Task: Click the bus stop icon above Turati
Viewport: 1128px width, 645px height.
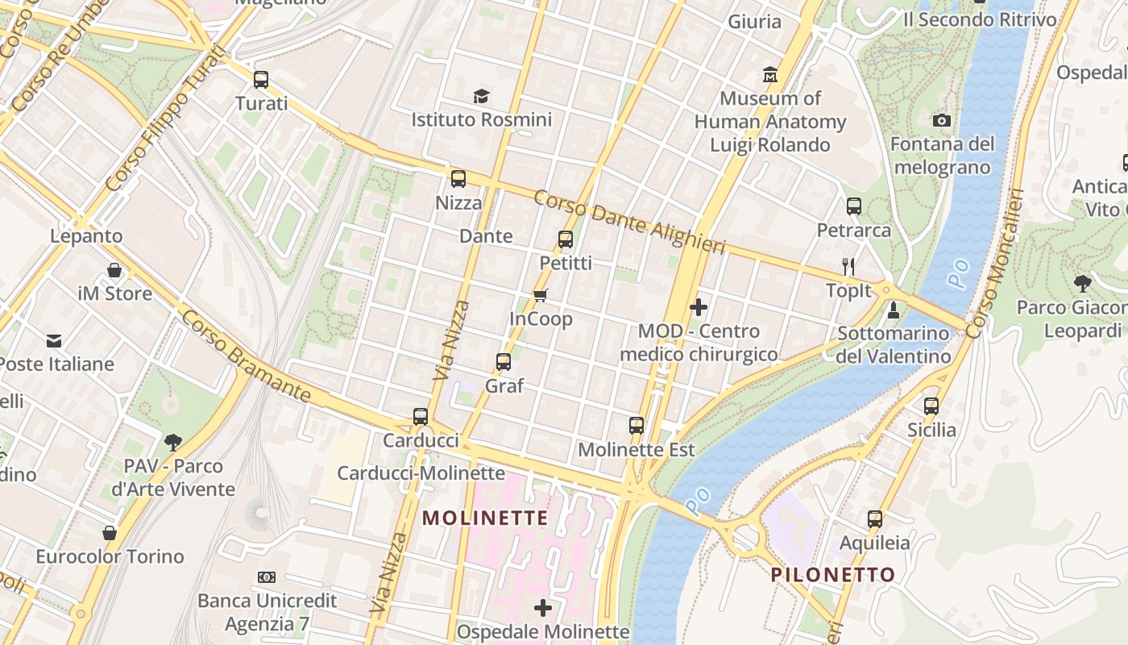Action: pyautogui.click(x=260, y=80)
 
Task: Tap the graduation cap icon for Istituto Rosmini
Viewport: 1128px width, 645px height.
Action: pyautogui.click(x=481, y=97)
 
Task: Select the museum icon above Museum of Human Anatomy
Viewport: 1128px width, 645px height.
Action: pyautogui.click(x=770, y=75)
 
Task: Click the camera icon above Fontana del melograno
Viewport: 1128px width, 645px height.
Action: pyautogui.click(x=941, y=121)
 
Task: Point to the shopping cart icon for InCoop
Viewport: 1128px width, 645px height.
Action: pyautogui.click(x=541, y=295)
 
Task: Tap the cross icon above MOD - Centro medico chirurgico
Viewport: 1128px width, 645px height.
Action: pyautogui.click(x=699, y=307)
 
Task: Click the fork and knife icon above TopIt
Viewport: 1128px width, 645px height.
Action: pyautogui.click(x=848, y=266)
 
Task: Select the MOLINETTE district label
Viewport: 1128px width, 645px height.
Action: pyautogui.click(x=485, y=518)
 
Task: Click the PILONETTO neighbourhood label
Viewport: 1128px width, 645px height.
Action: pyautogui.click(x=833, y=574)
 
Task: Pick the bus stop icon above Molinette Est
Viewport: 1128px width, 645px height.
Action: pyautogui.click(x=637, y=425)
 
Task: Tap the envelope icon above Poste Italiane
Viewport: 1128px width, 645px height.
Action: pyautogui.click(x=54, y=340)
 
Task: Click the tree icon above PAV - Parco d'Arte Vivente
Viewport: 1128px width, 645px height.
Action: pyautogui.click(x=172, y=442)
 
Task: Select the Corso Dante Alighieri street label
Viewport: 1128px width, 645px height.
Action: pyautogui.click(x=629, y=222)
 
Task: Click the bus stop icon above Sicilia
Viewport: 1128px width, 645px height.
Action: pyautogui.click(x=931, y=406)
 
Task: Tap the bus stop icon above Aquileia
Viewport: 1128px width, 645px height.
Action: pyautogui.click(x=875, y=519)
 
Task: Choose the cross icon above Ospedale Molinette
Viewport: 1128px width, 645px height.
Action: pyautogui.click(x=543, y=607)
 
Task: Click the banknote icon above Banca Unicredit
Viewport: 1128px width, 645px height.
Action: pyautogui.click(x=267, y=577)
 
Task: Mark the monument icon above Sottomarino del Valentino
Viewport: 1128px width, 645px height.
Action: pyautogui.click(x=893, y=310)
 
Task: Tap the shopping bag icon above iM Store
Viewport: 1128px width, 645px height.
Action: pyautogui.click(x=114, y=270)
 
